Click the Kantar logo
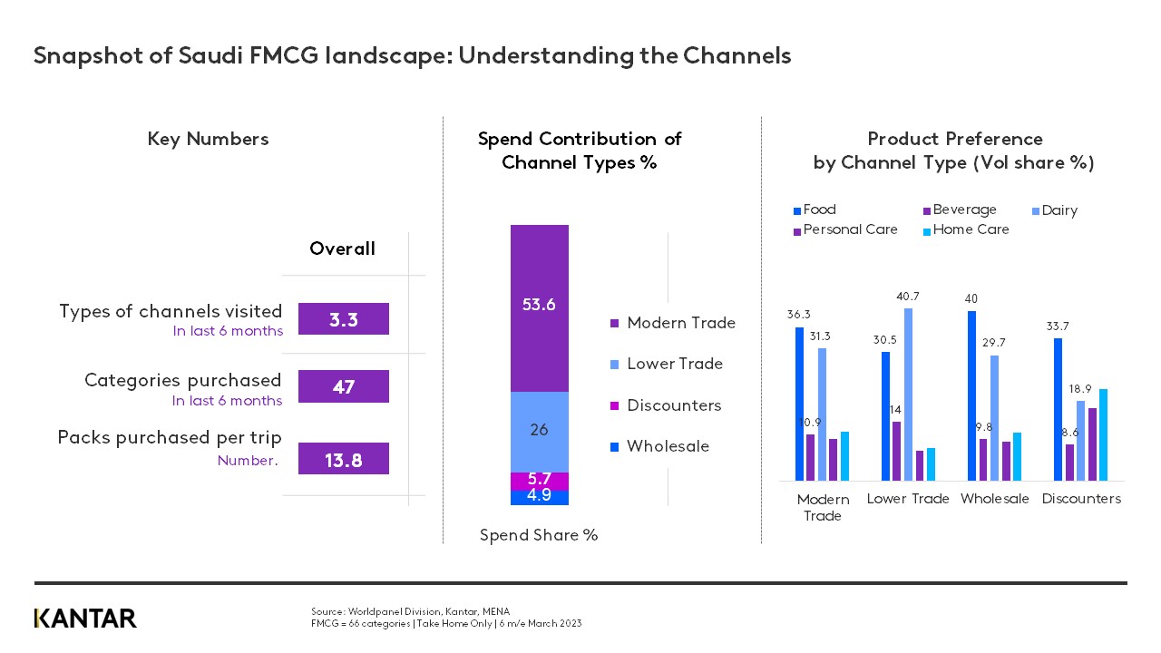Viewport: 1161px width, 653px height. pyautogui.click(x=85, y=619)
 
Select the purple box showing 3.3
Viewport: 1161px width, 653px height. pyautogui.click(x=343, y=319)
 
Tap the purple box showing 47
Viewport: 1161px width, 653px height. pyautogui.click(x=343, y=386)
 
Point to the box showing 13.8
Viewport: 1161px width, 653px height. pyautogui.click(x=343, y=459)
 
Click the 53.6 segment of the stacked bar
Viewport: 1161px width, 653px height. pyautogui.click(x=539, y=308)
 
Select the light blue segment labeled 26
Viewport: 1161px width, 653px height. pyautogui.click(x=539, y=432)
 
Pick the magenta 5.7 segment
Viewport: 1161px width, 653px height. pyautogui.click(x=539, y=481)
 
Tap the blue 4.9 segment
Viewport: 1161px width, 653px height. pyautogui.click(x=539, y=497)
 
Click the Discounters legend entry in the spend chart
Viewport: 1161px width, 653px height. pyautogui.click(x=673, y=405)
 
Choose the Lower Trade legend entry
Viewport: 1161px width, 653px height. pyautogui.click(x=674, y=364)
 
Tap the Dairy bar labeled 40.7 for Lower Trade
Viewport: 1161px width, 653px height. pyautogui.click(x=909, y=395)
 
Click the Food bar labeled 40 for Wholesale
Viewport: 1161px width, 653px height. pyautogui.click(x=972, y=395)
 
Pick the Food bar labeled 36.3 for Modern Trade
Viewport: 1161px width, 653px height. pyautogui.click(x=799, y=404)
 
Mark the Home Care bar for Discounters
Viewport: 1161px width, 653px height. pyautogui.click(x=1103, y=434)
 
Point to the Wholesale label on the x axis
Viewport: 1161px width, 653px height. pyautogui.click(x=994, y=499)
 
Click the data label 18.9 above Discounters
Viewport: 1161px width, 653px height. pyautogui.click(x=1081, y=389)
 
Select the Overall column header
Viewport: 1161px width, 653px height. pyautogui.click(x=342, y=249)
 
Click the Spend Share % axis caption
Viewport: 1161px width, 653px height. pyautogui.click(x=538, y=535)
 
